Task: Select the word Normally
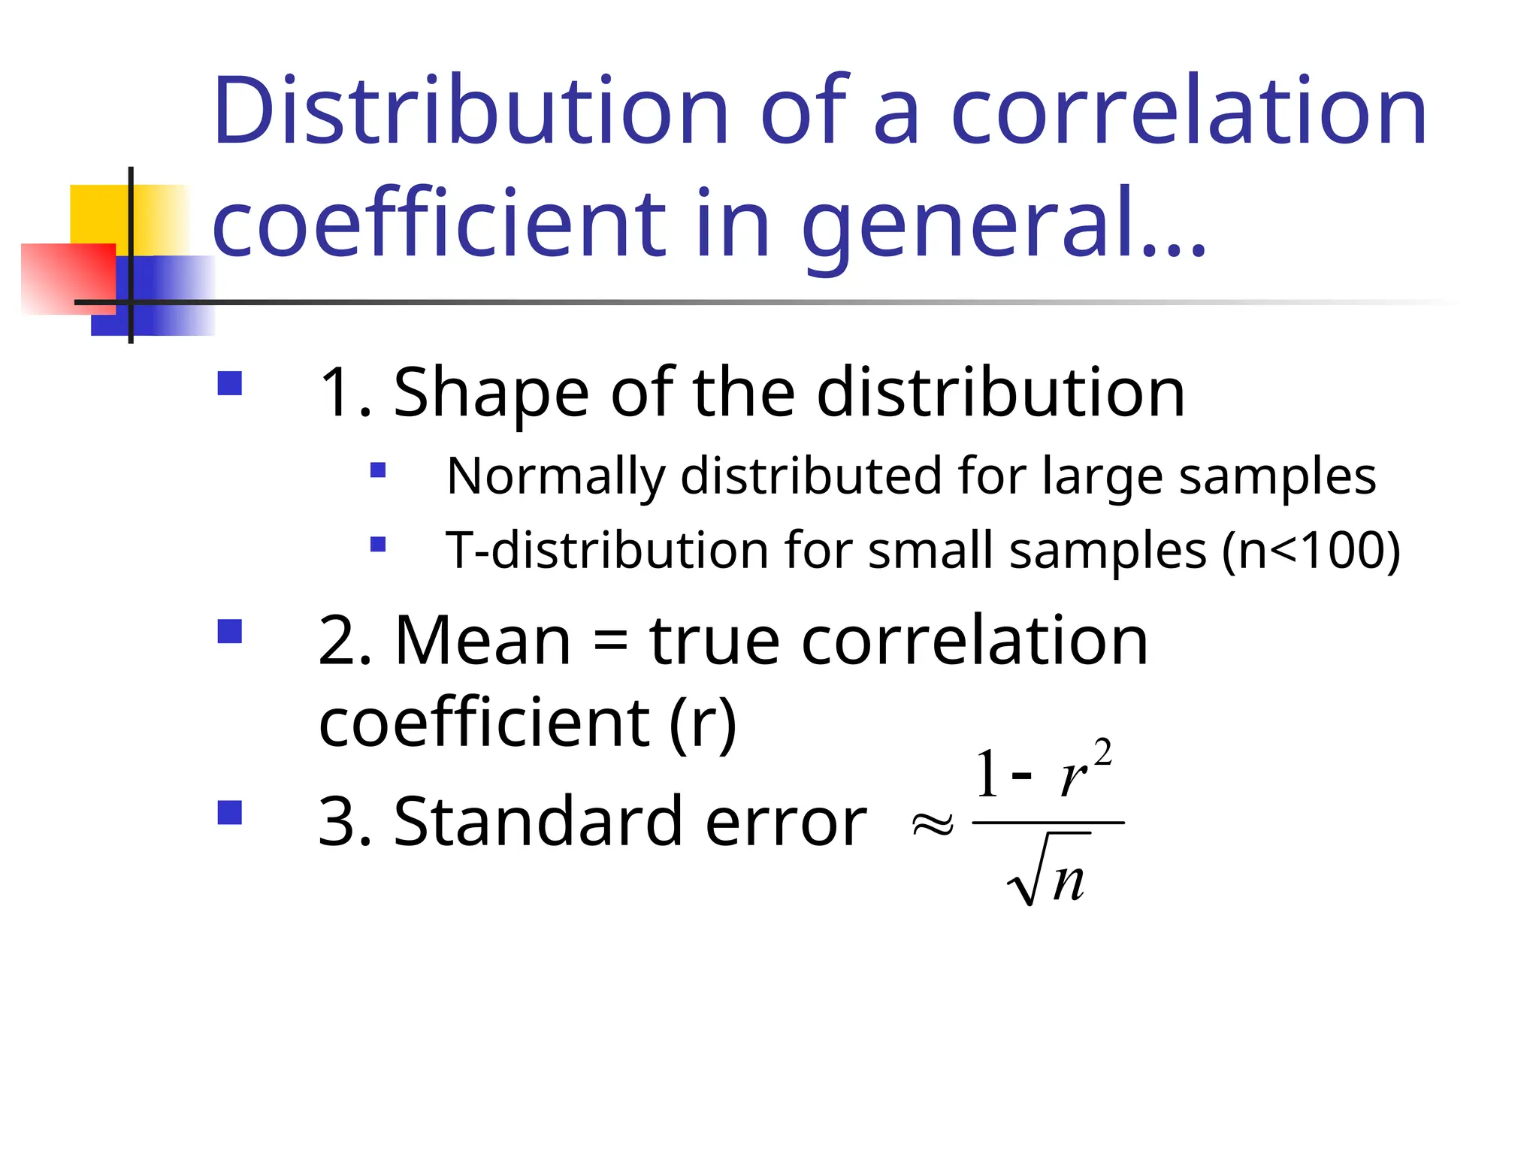click(x=555, y=476)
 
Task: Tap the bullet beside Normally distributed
click(x=378, y=471)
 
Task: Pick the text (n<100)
click(x=1311, y=551)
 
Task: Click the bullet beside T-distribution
click(x=378, y=544)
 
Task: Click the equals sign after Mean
click(x=610, y=643)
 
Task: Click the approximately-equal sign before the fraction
click(x=933, y=824)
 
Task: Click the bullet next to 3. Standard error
click(x=230, y=813)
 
